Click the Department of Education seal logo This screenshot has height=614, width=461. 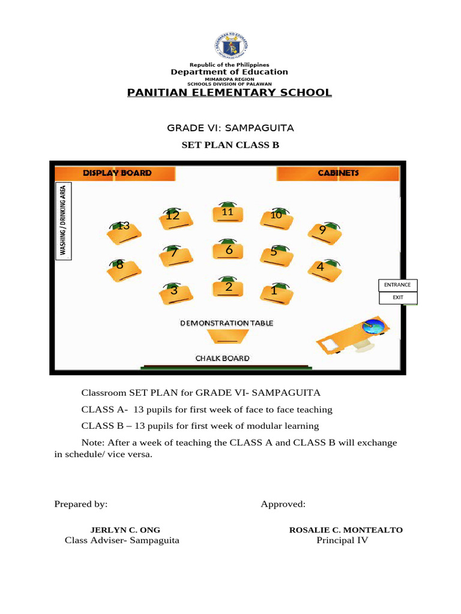(x=230, y=47)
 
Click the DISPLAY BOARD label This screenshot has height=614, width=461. (x=117, y=173)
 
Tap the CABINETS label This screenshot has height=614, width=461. (x=338, y=173)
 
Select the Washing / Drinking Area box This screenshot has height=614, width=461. (x=64, y=221)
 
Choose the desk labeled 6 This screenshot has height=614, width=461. (x=227, y=251)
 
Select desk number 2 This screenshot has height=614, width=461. (x=227, y=288)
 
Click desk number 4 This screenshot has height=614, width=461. (x=324, y=269)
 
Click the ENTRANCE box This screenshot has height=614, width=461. (x=397, y=285)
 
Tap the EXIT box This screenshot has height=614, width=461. (x=397, y=297)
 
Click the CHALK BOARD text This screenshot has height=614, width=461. (x=223, y=359)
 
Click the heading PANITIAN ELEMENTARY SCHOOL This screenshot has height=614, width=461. (x=229, y=92)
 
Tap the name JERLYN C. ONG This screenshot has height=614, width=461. (x=125, y=530)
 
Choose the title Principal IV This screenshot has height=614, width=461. (x=342, y=540)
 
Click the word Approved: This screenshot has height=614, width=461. (x=283, y=504)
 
